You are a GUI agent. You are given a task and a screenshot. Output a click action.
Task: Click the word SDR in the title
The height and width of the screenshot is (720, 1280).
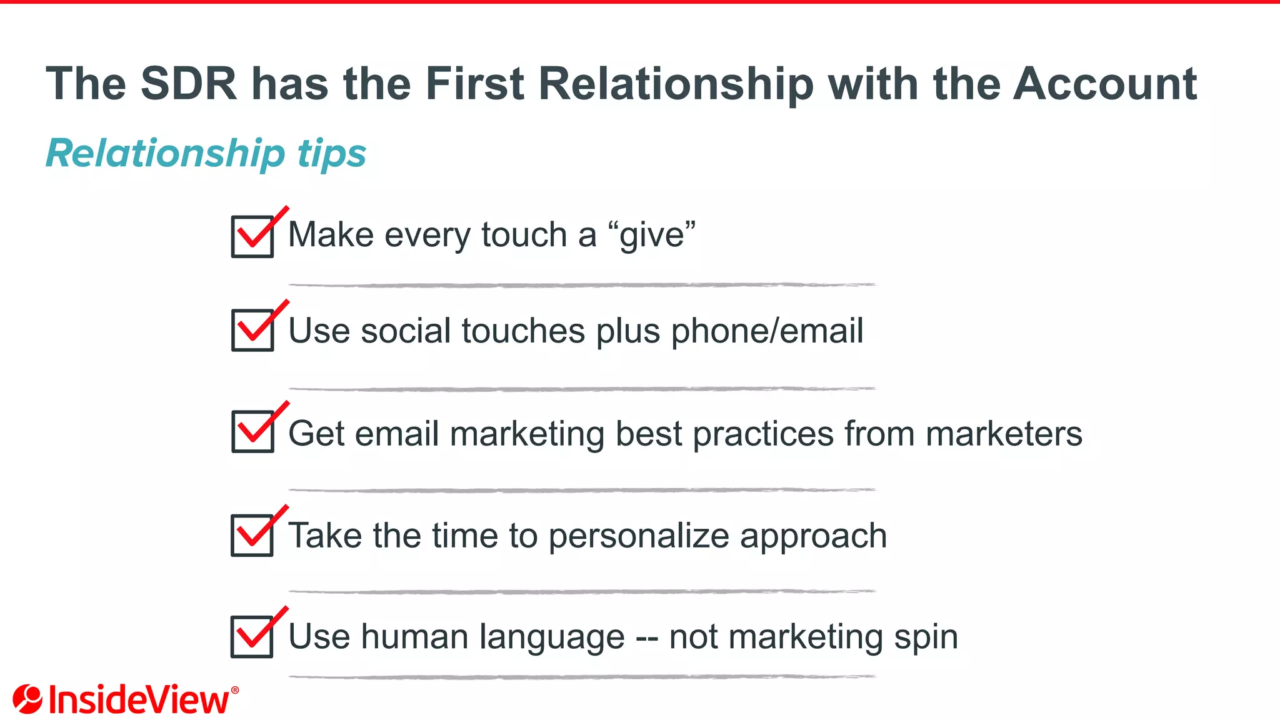[x=189, y=84]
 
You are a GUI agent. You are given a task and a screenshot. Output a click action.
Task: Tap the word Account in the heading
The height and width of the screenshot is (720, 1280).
[x=1104, y=84]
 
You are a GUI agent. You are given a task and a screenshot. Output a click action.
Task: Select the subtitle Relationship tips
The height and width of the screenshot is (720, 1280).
[x=206, y=154]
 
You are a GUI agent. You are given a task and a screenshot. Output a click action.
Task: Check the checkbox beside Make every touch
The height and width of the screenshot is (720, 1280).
[x=252, y=236]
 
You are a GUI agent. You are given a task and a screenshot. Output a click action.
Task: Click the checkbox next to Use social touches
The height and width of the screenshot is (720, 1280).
[x=252, y=330]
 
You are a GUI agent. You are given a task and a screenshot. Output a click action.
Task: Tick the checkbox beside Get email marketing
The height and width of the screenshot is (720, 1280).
[x=252, y=431]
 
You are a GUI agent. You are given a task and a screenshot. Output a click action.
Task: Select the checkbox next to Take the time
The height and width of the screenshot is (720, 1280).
[x=252, y=535]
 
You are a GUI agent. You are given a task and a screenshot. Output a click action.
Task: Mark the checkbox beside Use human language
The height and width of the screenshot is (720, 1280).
[x=252, y=636]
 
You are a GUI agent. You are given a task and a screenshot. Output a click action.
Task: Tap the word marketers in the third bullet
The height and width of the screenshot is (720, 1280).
[x=1004, y=433]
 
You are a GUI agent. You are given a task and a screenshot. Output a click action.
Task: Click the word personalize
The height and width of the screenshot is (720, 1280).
[x=638, y=536]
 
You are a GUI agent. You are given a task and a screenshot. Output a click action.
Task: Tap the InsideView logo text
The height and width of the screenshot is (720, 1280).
[x=139, y=700]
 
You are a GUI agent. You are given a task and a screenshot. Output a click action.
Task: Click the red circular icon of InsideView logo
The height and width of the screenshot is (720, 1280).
[x=27, y=699]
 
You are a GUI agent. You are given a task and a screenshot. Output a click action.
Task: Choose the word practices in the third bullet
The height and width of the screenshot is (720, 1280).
[x=763, y=433]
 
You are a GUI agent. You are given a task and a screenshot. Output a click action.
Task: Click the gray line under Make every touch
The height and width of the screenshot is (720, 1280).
[x=581, y=285]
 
